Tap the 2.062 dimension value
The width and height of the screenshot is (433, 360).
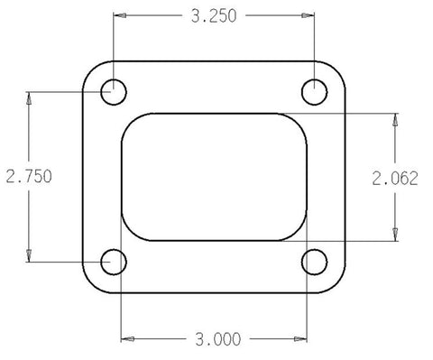(398, 178)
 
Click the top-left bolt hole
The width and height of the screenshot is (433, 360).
(114, 90)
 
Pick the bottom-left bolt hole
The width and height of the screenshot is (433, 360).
(114, 262)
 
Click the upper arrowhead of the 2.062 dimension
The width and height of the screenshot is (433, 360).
(394, 119)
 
